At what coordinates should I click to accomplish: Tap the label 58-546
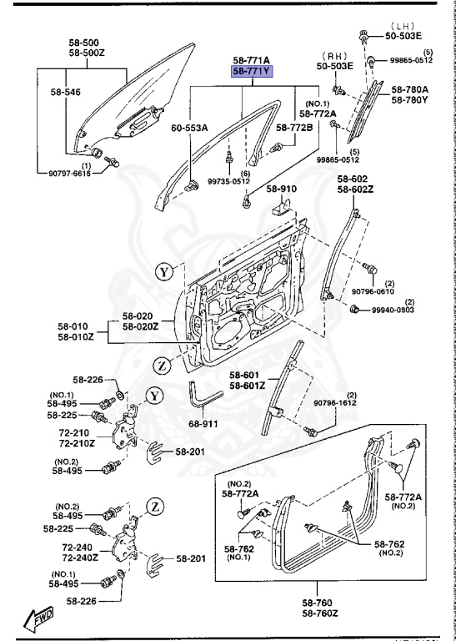(x=66, y=92)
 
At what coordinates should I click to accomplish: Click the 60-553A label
(x=190, y=128)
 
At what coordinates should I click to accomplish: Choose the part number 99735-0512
(x=228, y=181)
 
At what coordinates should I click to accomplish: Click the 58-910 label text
(x=283, y=189)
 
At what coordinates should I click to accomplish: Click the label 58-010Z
(x=77, y=337)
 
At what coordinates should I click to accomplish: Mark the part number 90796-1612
(x=335, y=404)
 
